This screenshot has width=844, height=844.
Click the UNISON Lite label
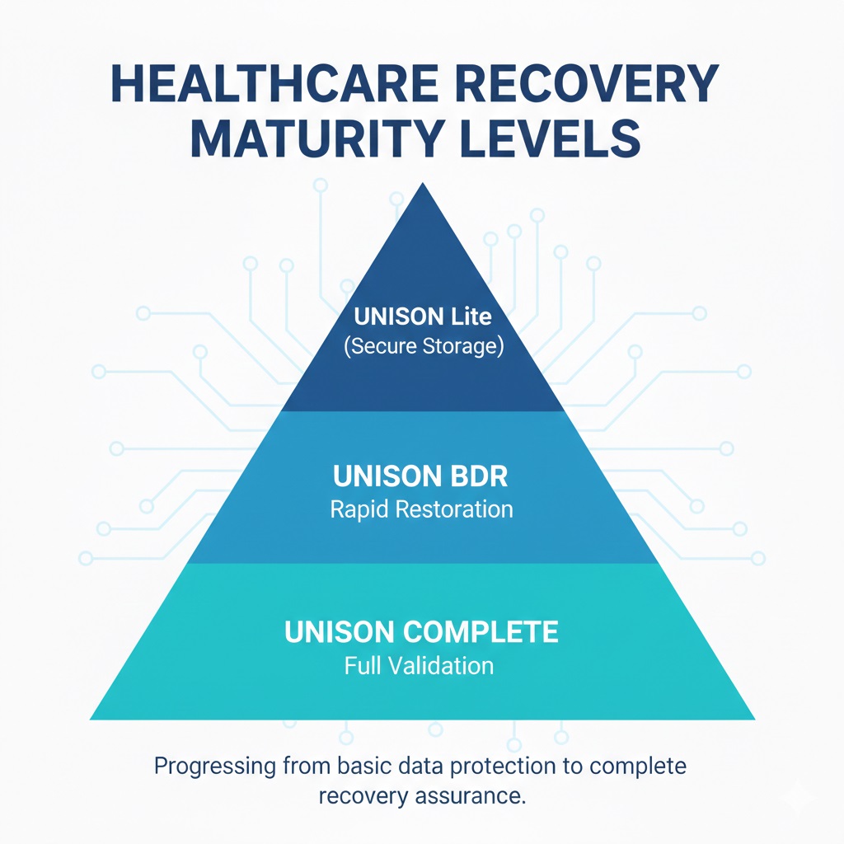click(x=422, y=316)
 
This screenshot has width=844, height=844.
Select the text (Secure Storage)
click(x=423, y=345)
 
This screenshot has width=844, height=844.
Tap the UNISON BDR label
click(x=421, y=476)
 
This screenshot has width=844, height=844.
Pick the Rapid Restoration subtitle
click(x=421, y=509)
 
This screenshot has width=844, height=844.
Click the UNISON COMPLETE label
click(x=421, y=632)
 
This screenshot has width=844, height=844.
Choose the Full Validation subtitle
click(x=419, y=664)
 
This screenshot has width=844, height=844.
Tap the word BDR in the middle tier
click(x=479, y=476)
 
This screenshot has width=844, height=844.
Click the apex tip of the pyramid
click(x=423, y=184)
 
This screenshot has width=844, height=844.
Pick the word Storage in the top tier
click(x=461, y=345)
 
